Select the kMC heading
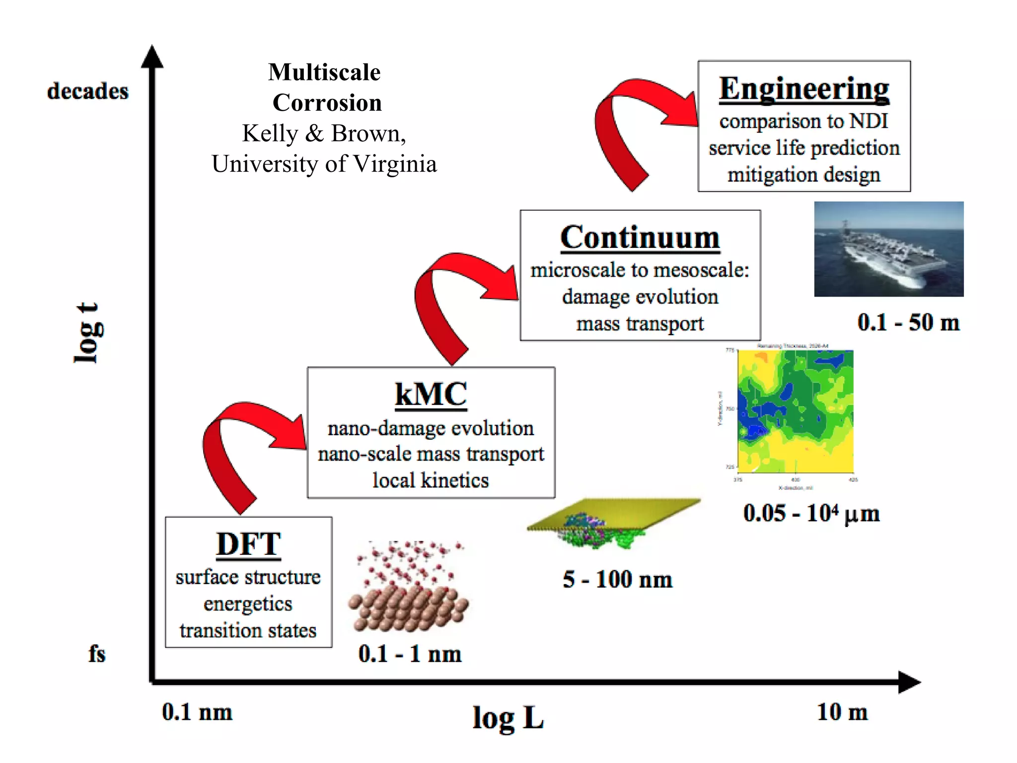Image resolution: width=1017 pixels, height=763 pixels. pyautogui.click(x=431, y=394)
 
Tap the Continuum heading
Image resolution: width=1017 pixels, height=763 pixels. pyautogui.click(x=640, y=237)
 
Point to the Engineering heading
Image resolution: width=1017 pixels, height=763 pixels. pyautogui.click(x=804, y=89)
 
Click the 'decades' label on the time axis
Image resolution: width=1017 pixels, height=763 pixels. pyautogui.click(x=88, y=91)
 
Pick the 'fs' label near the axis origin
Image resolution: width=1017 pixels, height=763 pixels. pyautogui.click(x=97, y=654)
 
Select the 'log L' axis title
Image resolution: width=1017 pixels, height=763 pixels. pyautogui.click(x=508, y=718)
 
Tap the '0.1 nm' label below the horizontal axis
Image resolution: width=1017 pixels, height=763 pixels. pyautogui.click(x=197, y=712)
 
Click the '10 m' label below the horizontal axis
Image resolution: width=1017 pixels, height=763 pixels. pyautogui.click(x=842, y=712)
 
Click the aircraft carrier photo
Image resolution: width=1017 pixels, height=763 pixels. pyautogui.click(x=888, y=249)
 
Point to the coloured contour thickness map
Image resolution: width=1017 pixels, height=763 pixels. pyautogui.click(x=796, y=411)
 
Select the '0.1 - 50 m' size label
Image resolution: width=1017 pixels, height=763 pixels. pyautogui.click(x=908, y=322)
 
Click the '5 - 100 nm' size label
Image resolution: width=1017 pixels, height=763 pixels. pyautogui.click(x=617, y=579)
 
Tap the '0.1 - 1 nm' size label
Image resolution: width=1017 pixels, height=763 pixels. pyautogui.click(x=410, y=654)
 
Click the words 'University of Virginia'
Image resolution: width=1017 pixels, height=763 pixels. pyautogui.click(x=324, y=164)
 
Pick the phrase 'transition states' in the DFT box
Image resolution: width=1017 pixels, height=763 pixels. pyautogui.click(x=248, y=630)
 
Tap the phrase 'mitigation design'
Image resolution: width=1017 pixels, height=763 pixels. pyautogui.click(x=803, y=175)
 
